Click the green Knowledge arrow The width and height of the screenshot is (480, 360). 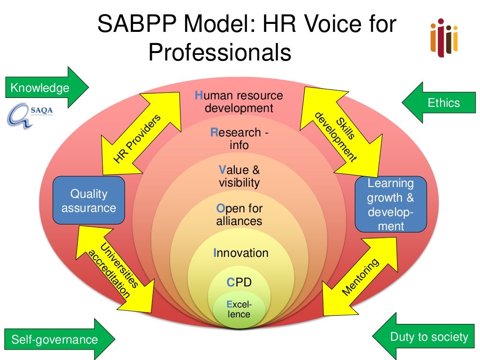47,88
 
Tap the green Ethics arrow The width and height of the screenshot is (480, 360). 436,103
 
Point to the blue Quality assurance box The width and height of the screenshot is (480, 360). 89,200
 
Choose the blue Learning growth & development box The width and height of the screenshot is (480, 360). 390,204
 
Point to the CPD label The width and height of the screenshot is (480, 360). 239,282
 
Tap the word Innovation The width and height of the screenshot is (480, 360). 241,253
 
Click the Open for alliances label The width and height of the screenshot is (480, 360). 239,214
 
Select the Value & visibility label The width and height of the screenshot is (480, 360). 239,176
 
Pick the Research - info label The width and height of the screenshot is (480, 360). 239,139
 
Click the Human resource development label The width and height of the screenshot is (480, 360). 239,102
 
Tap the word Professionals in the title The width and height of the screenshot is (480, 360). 220,52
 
